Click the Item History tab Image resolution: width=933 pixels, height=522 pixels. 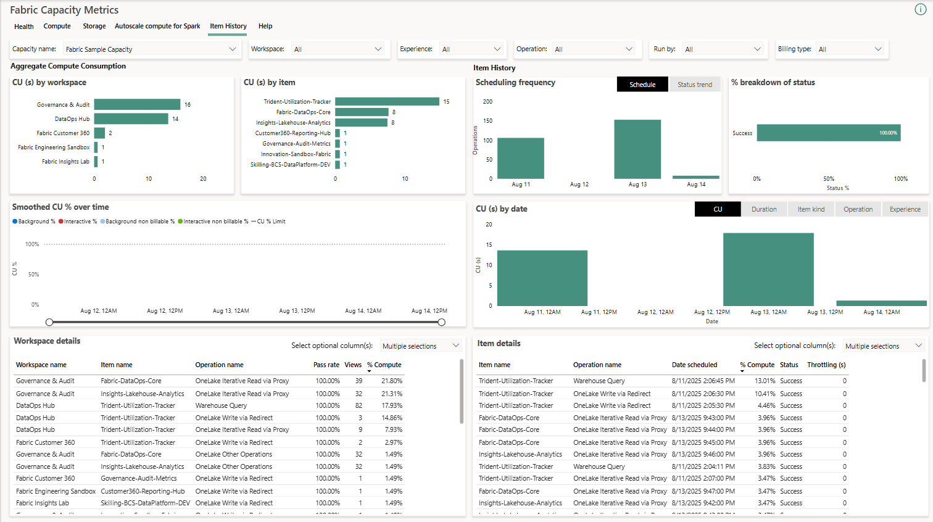228,26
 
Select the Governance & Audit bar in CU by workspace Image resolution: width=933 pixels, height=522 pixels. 137,105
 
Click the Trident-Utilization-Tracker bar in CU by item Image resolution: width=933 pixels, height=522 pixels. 387,102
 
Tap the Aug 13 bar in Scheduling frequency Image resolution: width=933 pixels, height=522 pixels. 637,149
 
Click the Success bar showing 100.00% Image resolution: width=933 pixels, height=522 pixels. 828,133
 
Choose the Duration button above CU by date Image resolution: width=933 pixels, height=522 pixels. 763,209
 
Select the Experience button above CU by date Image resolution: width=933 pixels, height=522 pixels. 905,209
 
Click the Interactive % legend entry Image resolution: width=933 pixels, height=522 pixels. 78,222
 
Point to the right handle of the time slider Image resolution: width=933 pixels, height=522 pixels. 441,322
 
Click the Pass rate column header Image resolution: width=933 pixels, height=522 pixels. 326,365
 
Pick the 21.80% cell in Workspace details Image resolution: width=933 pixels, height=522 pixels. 391,381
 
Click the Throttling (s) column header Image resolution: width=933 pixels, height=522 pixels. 826,365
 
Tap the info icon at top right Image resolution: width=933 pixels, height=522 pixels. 920,9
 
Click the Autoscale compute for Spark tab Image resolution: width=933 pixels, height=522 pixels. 157,26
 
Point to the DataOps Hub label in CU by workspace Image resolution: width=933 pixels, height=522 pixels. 72,119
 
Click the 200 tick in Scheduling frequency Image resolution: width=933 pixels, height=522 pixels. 487,102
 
